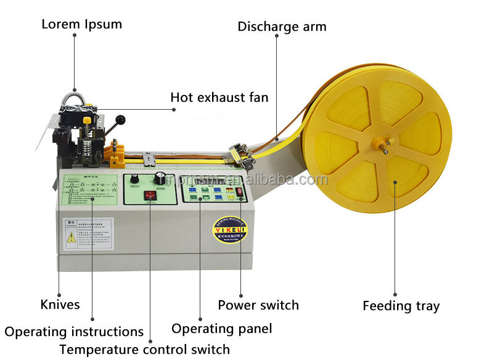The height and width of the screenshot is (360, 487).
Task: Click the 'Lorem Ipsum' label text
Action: coord(81,25)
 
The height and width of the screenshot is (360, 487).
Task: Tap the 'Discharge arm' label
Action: coord(282,27)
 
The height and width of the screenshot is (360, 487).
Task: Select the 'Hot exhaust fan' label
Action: coord(219,97)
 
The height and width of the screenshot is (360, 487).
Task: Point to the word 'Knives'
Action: coord(60,305)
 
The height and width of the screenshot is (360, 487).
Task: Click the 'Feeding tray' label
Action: coord(401,306)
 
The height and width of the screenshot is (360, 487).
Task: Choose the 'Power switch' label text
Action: coord(258,305)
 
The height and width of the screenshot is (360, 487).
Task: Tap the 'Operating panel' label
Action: coord(221,329)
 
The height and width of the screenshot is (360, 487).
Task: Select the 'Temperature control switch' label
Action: coord(144,349)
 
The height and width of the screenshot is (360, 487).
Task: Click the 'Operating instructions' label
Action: coord(74,332)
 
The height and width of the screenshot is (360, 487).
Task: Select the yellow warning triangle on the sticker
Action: coord(70,236)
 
